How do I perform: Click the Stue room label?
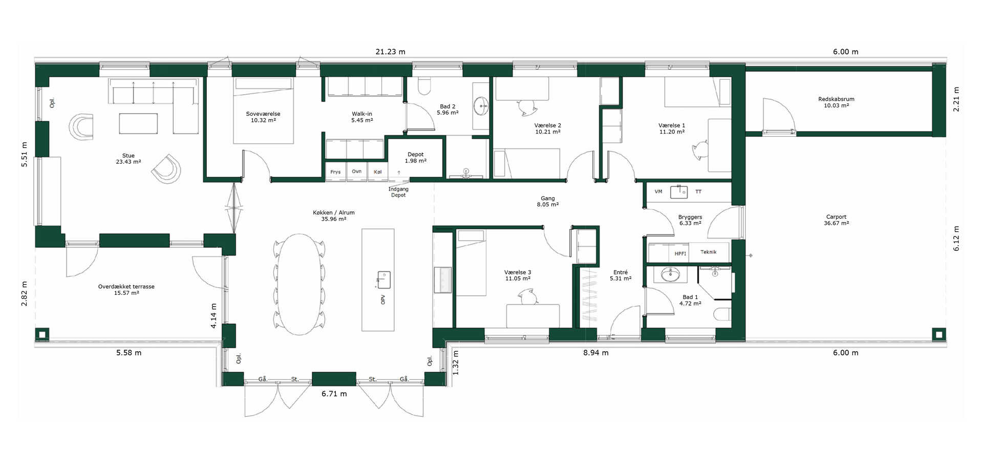[x=129, y=159]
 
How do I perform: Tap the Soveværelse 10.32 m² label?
[x=263, y=117]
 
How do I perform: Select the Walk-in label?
[x=362, y=117]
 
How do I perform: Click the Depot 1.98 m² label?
[x=416, y=158]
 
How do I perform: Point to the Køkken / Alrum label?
[x=334, y=212]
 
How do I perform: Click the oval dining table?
[x=300, y=284]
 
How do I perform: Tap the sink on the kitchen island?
[x=384, y=280]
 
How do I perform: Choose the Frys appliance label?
[x=335, y=172]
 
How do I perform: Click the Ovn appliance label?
[x=357, y=172]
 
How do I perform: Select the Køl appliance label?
[x=378, y=172]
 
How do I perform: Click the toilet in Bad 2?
[x=424, y=87]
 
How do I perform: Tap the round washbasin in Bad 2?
[x=481, y=106]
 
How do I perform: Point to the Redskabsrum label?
[x=836, y=99]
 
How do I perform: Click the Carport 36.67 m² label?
[x=836, y=220]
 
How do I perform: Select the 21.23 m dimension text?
[x=390, y=52]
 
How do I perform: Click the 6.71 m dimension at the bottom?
[x=334, y=394]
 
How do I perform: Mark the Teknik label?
[x=709, y=252]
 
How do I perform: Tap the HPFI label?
[x=680, y=253]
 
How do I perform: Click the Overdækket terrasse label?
[x=126, y=287]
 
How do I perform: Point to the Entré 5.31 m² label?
[x=621, y=275]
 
